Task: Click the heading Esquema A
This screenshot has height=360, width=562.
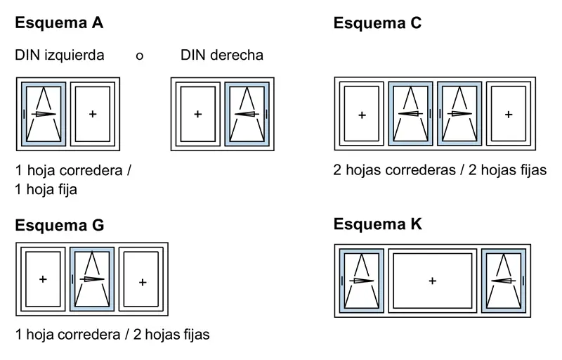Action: [59, 22]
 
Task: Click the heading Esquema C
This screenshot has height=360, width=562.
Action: [377, 22]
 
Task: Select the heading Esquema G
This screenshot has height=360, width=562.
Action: [59, 226]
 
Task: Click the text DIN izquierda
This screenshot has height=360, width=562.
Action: [60, 55]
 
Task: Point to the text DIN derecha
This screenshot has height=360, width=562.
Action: [222, 55]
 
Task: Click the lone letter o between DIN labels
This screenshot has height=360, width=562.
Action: [140, 56]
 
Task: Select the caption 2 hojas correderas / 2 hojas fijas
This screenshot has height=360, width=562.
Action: [440, 170]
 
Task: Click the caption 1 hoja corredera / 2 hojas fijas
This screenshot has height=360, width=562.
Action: [112, 335]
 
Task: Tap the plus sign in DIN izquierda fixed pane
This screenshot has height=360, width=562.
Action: [93, 114]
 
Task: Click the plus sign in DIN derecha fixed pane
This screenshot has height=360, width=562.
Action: [197, 114]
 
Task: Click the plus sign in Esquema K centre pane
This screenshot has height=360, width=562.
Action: [432, 281]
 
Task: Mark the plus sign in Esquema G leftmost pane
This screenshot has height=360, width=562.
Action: [43, 279]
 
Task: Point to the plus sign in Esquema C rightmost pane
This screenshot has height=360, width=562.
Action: [509, 114]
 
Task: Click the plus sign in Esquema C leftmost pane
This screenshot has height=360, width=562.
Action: [362, 114]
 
